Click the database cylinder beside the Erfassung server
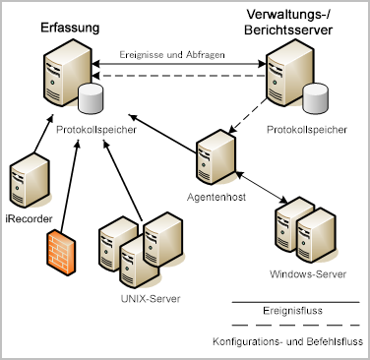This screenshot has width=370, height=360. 91,99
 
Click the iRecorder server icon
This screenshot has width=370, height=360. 27,181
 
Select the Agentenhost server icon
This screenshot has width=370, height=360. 214,155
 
